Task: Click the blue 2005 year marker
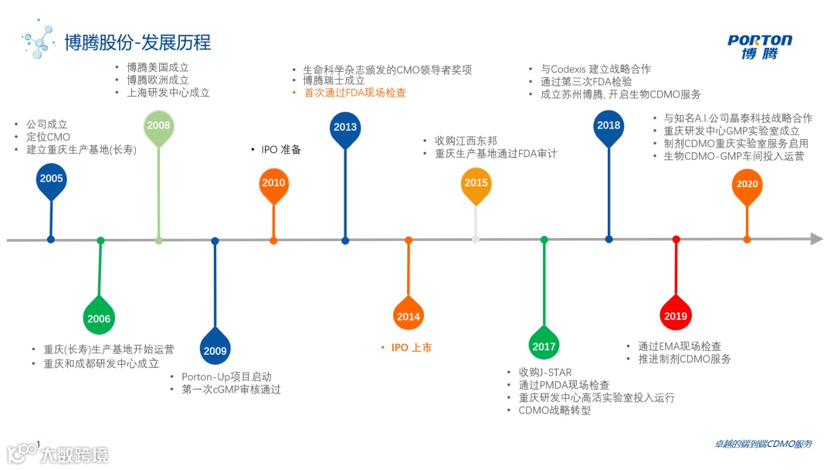pyautogui.click(x=51, y=179)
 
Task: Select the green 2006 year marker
pyautogui.click(x=99, y=318)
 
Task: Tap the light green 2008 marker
pyautogui.click(x=158, y=126)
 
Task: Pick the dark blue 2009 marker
pyautogui.click(x=215, y=351)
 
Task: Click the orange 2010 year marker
pyautogui.click(x=273, y=183)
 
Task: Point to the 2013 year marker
pyautogui.click(x=344, y=127)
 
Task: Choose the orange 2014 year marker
pyautogui.click(x=408, y=316)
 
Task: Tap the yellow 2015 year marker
pyautogui.click(x=476, y=183)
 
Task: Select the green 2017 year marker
pyautogui.click(x=544, y=346)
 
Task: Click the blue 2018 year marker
pyautogui.click(x=609, y=126)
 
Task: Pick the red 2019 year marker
pyautogui.click(x=676, y=315)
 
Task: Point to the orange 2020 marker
pyautogui.click(x=747, y=185)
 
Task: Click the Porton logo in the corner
pyautogui.click(x=759, y=46)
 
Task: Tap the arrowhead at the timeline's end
pyautogui.click(x=816, y=240)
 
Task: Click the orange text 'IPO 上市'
pyautogui.click(x=411, y=348)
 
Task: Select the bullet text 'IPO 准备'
pyautogui.click(x=280, y=150)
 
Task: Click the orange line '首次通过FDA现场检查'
pyautogui.click(x=354, y=93)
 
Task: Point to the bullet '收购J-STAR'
pyautogui.click(x=544, y=373)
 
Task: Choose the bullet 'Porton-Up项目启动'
pyautogui.click(x=226, y=376)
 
